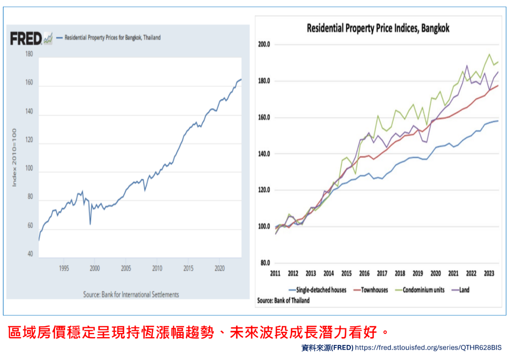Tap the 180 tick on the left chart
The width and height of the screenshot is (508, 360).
click(x=29, y=54)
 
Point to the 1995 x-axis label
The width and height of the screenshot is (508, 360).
click(x=63, y=269)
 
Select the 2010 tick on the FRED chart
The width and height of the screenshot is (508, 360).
click(x=157, y=269)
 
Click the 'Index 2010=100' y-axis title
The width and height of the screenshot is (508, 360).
click(x=15, y=157)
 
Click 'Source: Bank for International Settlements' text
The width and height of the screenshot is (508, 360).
click(x=131, y=295)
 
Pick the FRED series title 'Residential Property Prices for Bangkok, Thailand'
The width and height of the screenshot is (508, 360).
click(x=112, y=37)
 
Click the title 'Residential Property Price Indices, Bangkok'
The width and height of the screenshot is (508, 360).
click(x=378, y=28)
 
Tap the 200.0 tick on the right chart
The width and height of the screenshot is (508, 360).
click(x=265, y=45)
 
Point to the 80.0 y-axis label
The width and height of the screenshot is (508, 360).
click(x=265, y=263)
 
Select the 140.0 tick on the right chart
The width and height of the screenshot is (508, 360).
click(x=265, y=154)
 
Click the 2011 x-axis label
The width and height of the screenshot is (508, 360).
click(x=275, y=273)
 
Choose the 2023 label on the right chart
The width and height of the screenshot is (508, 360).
click(x=489, y=273)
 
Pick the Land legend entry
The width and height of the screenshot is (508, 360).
click(x=464, y=290)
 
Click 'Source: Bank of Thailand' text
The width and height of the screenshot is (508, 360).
click(x=284, y=300)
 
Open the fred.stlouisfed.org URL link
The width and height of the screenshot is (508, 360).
click(x=429, y=347)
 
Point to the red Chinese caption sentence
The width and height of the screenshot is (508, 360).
click(x=198, y=331)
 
